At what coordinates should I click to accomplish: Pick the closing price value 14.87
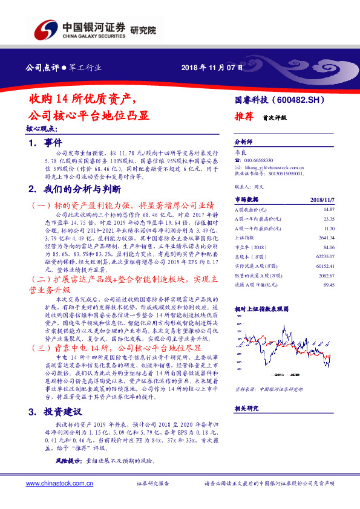(329, 209)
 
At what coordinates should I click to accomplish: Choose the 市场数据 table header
(246, 199)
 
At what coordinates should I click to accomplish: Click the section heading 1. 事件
(45, 143)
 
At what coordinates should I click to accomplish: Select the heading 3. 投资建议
(54, 412)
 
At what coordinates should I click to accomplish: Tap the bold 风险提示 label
(67, 461)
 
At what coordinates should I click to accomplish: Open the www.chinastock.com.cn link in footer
(52, 484)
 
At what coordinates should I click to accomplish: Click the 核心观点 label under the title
(41, 129)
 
